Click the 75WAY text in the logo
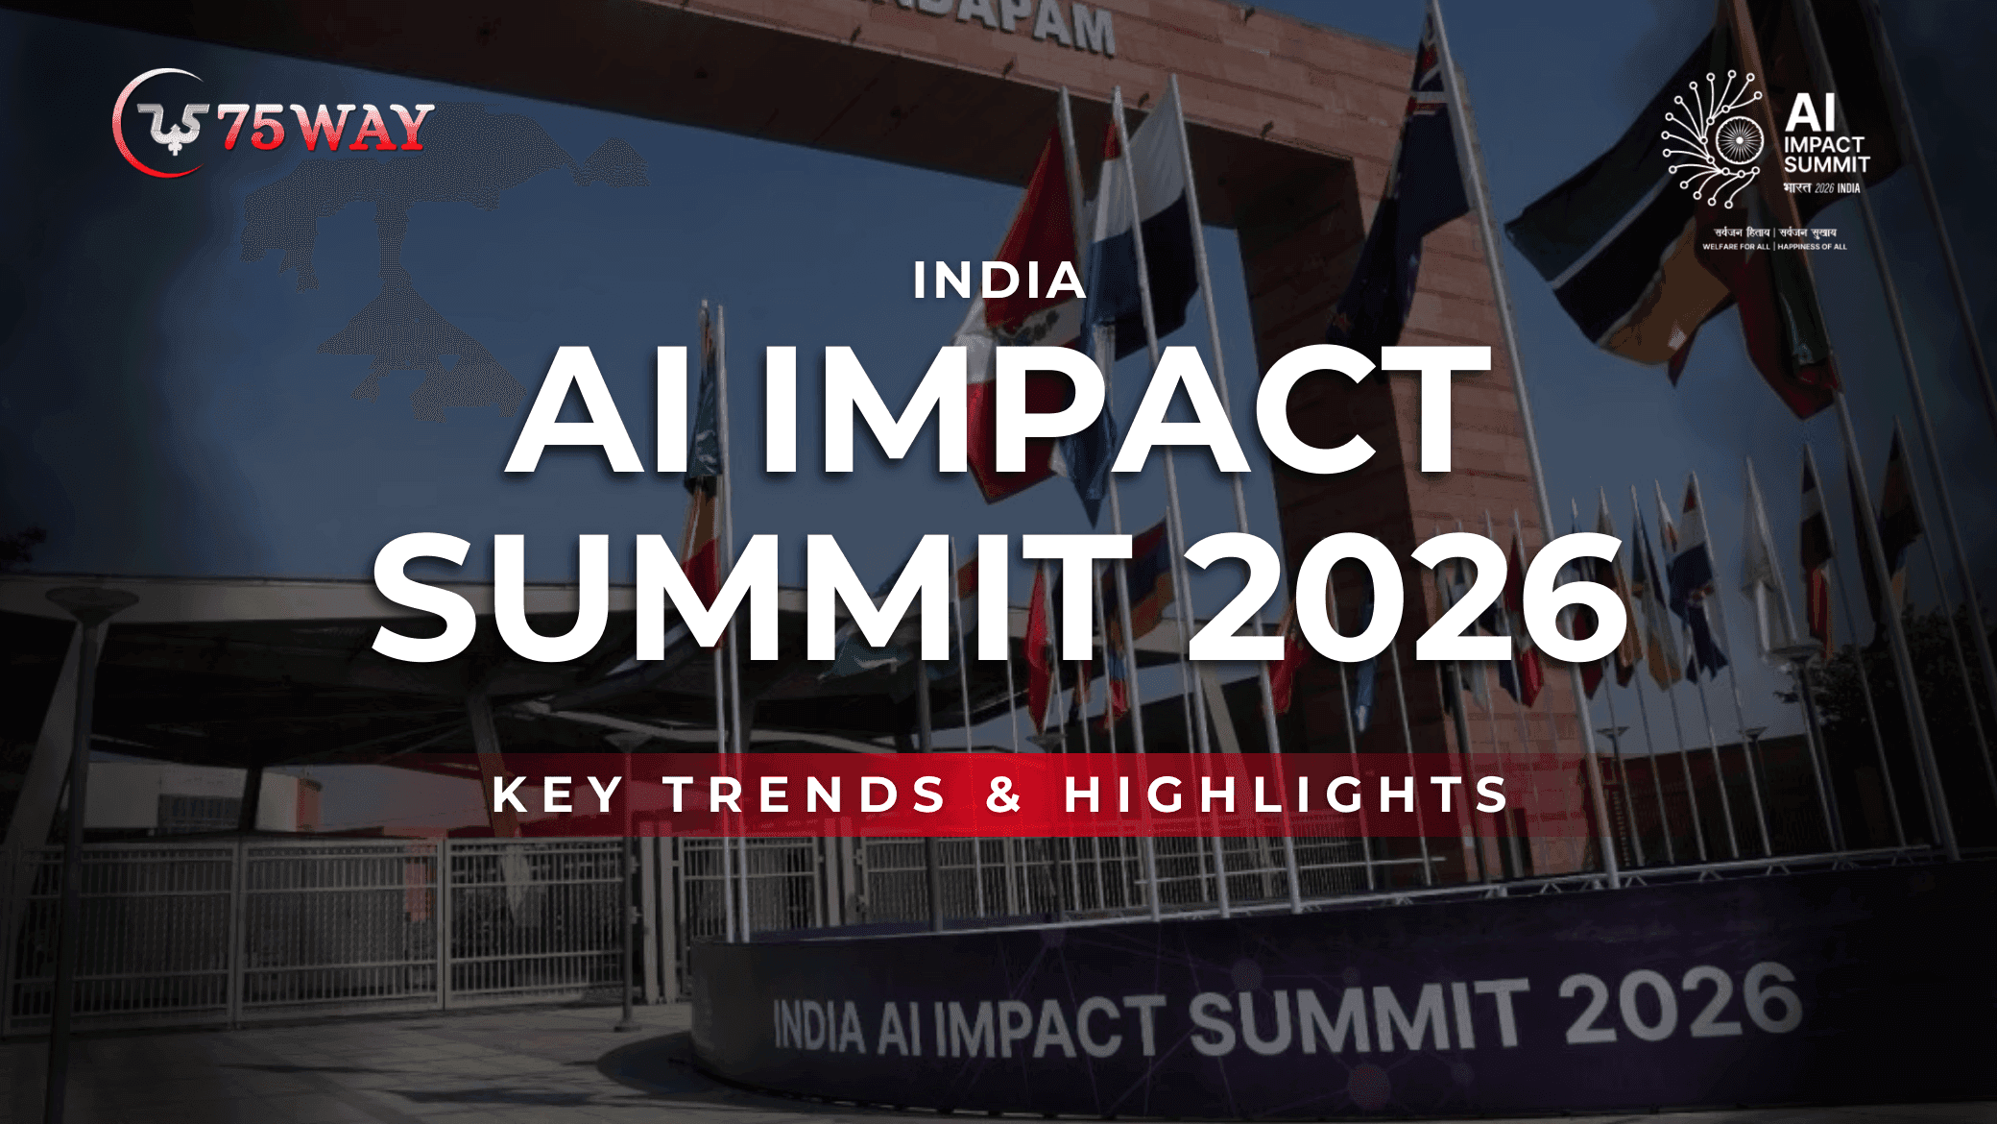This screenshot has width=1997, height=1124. pyautogui.click(x=325, y=127)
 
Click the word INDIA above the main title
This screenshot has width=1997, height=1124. pyautogui.click(x=998, y=281)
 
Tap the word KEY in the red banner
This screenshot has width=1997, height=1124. pyautogui.click(x=559, y=794)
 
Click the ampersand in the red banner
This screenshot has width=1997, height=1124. pyautogui.click(x=1003, y=794)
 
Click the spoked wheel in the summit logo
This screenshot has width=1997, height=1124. pyautogui.click(x=1740, y=142)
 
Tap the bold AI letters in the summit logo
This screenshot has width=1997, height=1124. pyautogui.click(x=1811, y=112)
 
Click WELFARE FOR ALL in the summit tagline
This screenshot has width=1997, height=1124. pyautogui.click(x=1736, y=247)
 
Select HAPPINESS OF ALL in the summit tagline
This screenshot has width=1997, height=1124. pyautogui.click(x=1812, y=247)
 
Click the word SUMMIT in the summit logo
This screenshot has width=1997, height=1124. pyautogui.click(x=1826, y=165)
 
